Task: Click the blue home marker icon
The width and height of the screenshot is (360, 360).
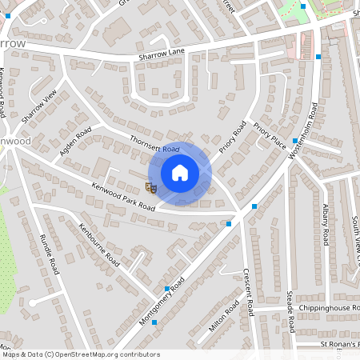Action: tap(180, 172)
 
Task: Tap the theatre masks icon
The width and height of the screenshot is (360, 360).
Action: tap(150, 186)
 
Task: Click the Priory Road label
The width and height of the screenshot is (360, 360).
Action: tap(233, 138)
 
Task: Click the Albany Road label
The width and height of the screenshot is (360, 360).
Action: tap(326, 226)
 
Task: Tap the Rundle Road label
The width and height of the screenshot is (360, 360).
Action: tap(50, 254)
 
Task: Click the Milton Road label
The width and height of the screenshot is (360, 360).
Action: tap(223, 317)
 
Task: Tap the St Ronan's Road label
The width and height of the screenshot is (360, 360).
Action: tap(340, 344)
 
